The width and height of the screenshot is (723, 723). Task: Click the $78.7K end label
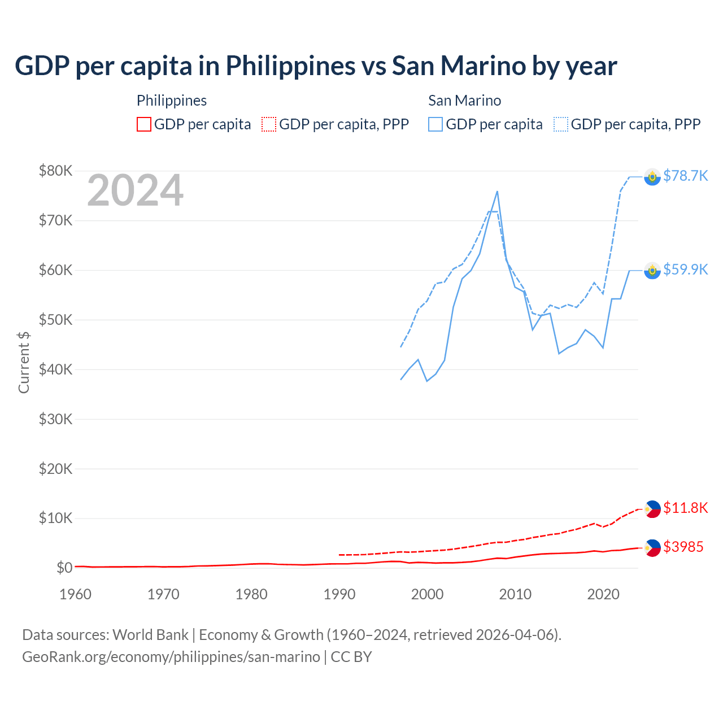tap(685, 176)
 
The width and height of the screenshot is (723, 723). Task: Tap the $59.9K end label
tap(685, 270)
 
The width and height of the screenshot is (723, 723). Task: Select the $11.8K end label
tap(685, 508)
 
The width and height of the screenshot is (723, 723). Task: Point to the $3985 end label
tap(683, 547)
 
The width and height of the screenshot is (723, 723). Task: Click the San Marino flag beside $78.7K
tap(652, 177)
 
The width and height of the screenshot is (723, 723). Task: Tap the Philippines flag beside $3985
tap(652, 548)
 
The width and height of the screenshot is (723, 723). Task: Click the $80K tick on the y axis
tap(55, 171)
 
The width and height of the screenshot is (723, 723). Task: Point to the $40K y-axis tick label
tap(55, 370)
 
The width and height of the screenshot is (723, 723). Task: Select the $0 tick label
tap(64, 568)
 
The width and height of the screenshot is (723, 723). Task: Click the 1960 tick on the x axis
tap(75, 595)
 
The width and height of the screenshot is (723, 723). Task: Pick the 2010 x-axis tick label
tap(515, 595)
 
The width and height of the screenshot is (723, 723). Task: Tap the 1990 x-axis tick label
tap(339, 595)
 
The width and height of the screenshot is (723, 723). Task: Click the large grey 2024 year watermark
tap(136, 191)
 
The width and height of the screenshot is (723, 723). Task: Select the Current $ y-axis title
tap(24, 363)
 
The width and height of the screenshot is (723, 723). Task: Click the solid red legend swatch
tap(144, 124)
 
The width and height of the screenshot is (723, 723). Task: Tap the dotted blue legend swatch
tap(561, 124)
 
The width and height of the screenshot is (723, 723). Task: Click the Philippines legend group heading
tap(172, 101)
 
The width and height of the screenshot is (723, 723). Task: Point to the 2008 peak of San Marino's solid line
tap(497, 191)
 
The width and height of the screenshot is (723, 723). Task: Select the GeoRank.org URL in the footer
tap(171, 657)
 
